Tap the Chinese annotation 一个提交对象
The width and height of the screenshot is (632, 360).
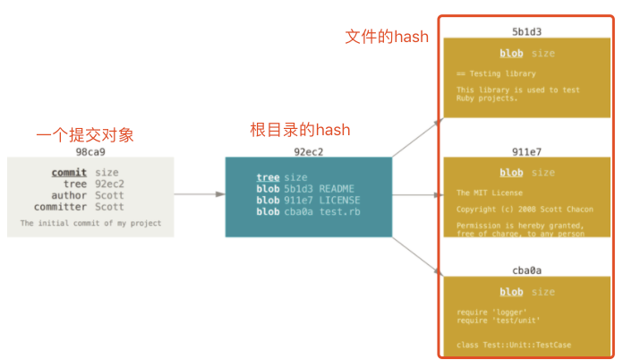coord(85,135)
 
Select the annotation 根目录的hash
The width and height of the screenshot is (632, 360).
coord(300,130)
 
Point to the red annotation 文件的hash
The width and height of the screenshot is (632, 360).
coord(387,37)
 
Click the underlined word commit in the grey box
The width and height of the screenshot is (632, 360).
coord(69,172)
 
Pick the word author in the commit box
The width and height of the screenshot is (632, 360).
coord(69,195)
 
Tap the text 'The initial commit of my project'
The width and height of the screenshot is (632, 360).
coord(90,223)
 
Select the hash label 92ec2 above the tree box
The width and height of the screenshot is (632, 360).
coord(308,151)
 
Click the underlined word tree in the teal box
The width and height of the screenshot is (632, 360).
coord(268,177)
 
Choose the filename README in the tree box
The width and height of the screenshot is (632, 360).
coord(337,189)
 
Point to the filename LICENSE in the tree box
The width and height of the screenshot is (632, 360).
coord(340,201)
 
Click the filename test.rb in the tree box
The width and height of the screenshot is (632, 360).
coord(340,212)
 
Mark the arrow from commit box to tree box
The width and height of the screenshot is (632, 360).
coord(199,193)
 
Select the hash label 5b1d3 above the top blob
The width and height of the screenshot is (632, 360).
coord(526,32)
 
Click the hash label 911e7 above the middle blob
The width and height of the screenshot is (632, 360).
coord(526,151)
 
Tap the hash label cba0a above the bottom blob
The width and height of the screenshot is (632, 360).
coord(526,270)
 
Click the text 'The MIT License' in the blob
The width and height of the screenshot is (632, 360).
coord(489,193)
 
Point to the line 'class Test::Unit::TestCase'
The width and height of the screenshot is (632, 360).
coord(513,345)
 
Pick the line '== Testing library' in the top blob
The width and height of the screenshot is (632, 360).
coord(496,73)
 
